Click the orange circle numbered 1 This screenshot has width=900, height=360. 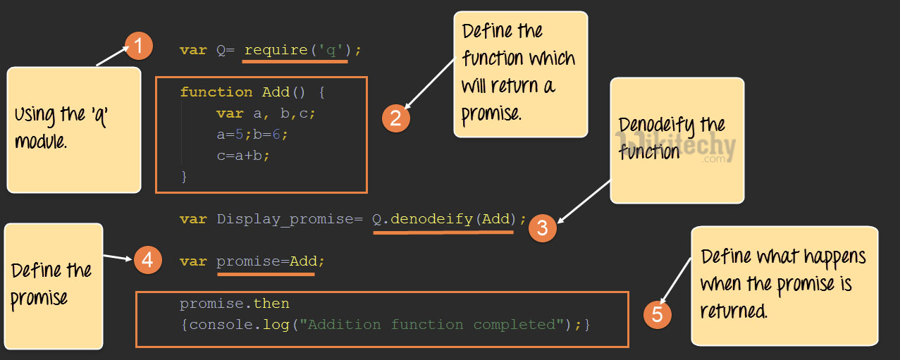click(139, 46)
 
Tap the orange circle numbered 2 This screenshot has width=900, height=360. click(395, 118)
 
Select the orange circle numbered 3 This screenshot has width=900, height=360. click(542, 227)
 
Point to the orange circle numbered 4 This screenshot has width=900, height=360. click(147, 260)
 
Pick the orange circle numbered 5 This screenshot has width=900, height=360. click(657, 314)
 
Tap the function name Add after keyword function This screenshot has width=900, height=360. click(276, 92)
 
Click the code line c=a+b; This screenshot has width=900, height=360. click(243, 155)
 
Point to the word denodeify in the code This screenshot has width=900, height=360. click(431, 219)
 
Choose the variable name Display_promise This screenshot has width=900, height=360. click(285, 219)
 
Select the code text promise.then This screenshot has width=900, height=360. click(235, 304)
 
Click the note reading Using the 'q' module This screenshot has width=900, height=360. click(73, 129)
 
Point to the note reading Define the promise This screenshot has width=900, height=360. click(53, 285)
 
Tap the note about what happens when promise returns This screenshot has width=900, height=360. click(784, 284)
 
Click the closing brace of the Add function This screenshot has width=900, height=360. click(184, 176)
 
